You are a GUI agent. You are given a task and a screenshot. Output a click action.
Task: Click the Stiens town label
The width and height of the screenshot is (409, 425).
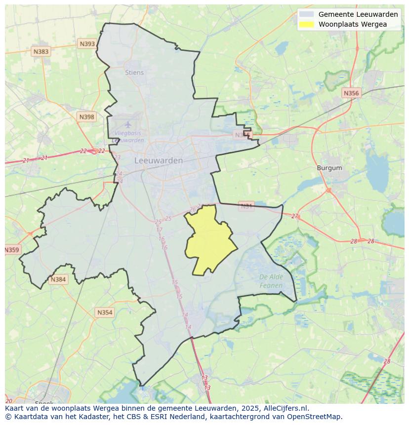[x=134, y=73]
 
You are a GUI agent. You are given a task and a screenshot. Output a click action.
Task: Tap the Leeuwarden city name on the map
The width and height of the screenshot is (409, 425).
[x=159, y=160]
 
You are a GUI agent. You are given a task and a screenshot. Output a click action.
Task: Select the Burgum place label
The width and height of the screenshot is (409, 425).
[x=329, y=168]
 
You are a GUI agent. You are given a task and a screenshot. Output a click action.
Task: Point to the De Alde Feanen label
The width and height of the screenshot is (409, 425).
[x=271, y=281]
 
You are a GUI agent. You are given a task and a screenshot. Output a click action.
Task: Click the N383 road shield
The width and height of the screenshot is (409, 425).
[x=41, y=51]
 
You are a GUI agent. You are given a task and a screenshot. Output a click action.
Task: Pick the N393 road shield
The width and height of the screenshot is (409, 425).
[x=87, y=44]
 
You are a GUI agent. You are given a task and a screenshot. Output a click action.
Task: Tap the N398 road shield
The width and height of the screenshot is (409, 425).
[x=86, y=117]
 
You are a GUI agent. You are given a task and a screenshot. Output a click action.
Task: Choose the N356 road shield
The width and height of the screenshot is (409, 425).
[x=351, y=93]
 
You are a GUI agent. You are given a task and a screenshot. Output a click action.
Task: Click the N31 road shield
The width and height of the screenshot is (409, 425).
[x=246, y=206]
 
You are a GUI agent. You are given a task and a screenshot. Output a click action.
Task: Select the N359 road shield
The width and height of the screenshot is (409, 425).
[x=12, y=250]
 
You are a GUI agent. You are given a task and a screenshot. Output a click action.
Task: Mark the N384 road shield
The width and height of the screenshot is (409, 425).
[x=58, y=279]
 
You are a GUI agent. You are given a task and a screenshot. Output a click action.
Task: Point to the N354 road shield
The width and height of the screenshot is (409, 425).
[x=105, y=312]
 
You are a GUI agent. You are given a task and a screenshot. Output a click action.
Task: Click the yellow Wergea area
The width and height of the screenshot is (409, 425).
[x=210, y=242]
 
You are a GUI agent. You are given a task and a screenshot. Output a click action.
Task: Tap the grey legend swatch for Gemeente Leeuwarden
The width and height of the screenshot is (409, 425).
[x=306, y=14]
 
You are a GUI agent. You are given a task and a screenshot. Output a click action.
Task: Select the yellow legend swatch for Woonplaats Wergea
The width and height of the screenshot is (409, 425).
[x=306, y=24]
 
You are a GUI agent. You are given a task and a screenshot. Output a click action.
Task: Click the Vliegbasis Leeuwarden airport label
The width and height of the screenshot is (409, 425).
[x=128, y=136]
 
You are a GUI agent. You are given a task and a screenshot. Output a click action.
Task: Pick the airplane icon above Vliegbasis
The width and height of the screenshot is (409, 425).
[x=128, y=124]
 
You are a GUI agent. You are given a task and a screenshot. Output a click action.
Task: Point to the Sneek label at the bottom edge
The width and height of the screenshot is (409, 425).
[x=44, y=403]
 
